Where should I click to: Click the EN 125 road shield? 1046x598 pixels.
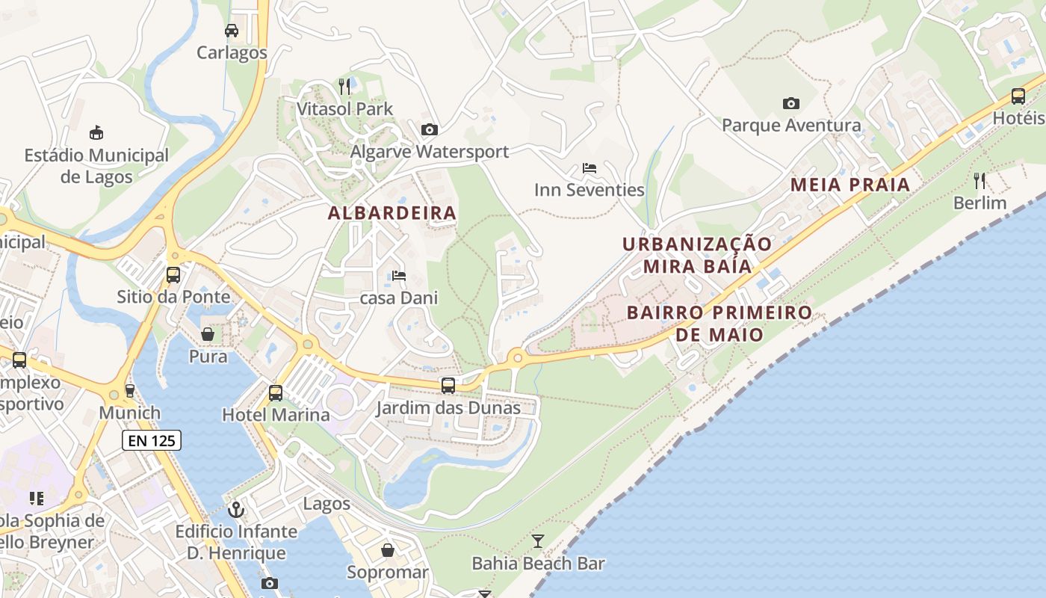(152, 440)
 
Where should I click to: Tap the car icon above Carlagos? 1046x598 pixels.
(232, 31)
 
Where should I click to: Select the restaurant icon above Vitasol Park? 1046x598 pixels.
(344, 87)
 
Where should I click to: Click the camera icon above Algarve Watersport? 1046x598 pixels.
(429, 130)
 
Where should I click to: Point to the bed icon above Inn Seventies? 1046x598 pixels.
(589, 168)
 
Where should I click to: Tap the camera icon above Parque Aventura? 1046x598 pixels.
(790, 103)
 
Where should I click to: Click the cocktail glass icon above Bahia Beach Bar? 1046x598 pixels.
(538, 540)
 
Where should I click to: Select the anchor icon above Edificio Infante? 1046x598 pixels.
(236, 510)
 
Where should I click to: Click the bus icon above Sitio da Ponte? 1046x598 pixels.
(173, 274)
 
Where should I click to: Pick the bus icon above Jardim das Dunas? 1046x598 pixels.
(448, 386)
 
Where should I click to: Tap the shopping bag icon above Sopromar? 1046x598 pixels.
(388, 550)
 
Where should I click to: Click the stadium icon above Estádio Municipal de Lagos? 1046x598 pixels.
(96, 134)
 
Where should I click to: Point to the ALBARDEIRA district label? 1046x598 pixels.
(392, 213)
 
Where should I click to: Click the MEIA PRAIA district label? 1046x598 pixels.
(850, 185)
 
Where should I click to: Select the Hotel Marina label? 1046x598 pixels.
(276, 414)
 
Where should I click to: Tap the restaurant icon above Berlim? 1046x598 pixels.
(980, 181)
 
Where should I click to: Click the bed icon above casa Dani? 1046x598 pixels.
(399, 276)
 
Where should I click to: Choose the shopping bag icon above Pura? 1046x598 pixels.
(208, 334)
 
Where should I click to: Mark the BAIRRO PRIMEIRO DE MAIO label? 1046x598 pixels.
(719, 323)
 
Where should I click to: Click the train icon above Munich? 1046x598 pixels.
(129, 390)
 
